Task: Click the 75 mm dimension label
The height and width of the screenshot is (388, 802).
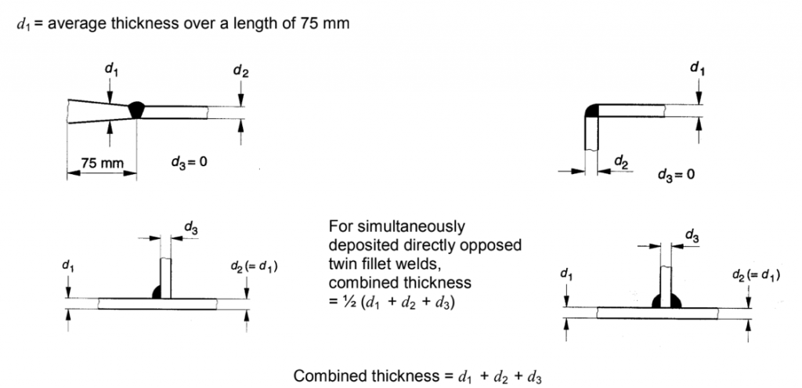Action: (99, 164)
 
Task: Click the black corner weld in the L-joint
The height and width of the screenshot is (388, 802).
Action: (591, 110)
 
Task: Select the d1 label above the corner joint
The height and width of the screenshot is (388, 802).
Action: (696, 69)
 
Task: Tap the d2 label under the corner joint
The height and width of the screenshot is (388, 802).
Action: (620, 162)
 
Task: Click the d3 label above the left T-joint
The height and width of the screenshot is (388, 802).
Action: (190, 227)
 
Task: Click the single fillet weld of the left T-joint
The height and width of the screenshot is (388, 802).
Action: (157, 291)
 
